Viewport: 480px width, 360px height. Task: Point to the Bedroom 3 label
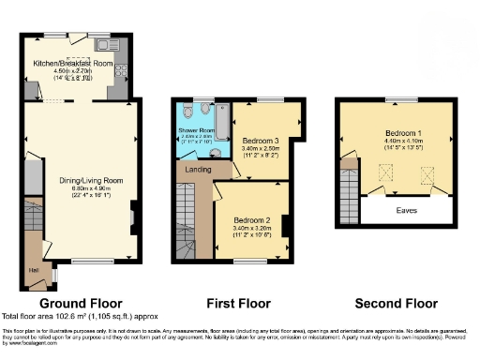(261, 141)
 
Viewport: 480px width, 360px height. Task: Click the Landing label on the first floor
(198, 170)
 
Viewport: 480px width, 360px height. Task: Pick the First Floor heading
(238, 304)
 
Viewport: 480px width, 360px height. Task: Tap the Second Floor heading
(397, 304)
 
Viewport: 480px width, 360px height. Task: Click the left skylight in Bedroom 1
(383, 173)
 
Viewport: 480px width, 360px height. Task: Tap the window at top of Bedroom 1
(397, 99)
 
